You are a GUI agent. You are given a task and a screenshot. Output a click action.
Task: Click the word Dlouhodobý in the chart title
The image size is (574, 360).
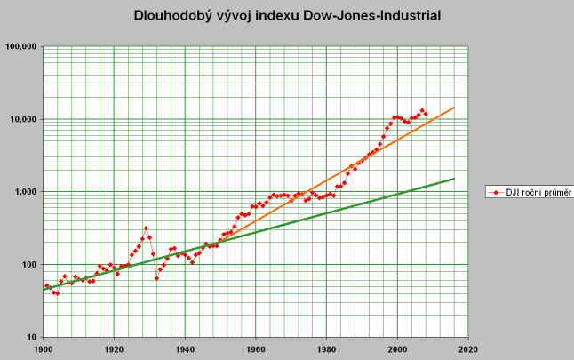[x=174, y=15]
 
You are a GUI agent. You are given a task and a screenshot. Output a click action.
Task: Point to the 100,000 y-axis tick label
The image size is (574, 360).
[x=20, y=47]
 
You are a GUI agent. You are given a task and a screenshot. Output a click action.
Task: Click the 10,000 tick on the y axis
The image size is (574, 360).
[x=22, y=119]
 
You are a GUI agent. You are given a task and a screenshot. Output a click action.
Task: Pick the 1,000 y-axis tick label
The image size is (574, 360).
[x=25, y=192]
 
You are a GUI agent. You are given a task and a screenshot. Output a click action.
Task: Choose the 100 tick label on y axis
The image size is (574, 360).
[x=28, y=265]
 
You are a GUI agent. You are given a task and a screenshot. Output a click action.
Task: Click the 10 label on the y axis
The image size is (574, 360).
[x=31, y=338]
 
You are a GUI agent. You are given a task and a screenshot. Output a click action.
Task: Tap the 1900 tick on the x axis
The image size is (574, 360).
[x=44, y=348]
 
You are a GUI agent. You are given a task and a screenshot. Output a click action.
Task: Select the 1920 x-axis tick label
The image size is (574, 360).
[x=114, y=348]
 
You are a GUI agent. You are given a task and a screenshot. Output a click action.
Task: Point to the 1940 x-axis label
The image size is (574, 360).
[x=185, y=348]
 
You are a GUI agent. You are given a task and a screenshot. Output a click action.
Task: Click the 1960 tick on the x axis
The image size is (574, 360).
[x=256, y=348]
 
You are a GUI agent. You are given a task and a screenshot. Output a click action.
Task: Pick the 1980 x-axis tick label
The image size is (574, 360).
[x=327, y=348]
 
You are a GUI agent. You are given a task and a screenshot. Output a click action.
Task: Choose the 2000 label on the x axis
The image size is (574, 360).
[x=398, y=348]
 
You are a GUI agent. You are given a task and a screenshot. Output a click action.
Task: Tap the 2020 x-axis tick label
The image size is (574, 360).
[x=469, y=348]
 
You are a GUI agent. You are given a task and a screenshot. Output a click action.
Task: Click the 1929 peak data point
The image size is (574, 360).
[x=146, y=228]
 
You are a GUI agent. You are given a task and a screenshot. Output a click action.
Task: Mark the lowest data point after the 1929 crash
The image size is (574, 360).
[x=156, y=278]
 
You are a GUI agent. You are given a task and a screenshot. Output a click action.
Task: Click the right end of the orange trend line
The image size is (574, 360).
[x=454, y=108]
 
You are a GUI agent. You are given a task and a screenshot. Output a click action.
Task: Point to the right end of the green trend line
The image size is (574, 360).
[x=454, y=179]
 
